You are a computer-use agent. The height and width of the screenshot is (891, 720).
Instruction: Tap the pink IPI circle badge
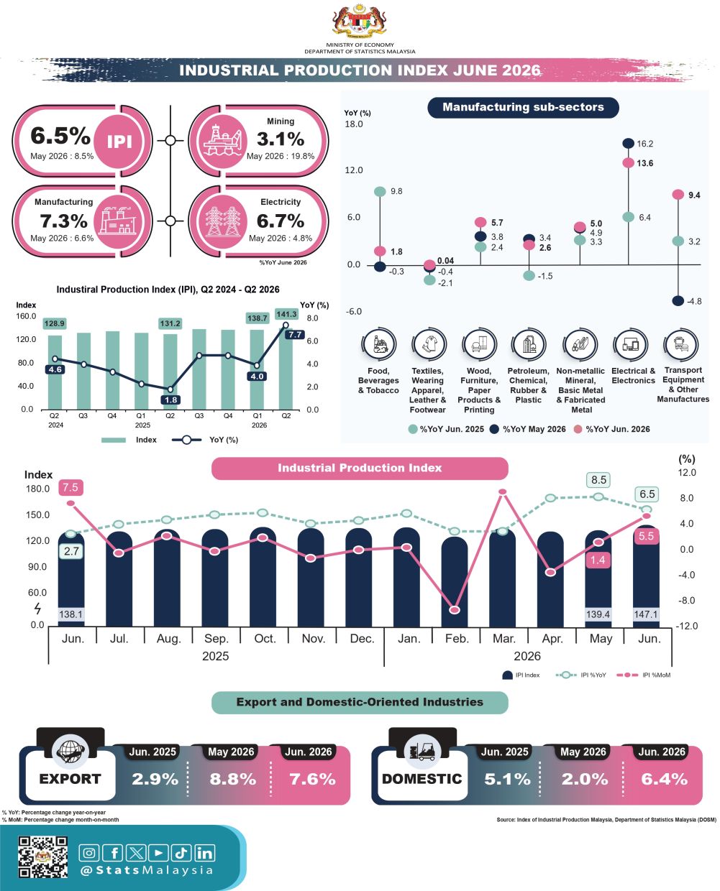pyautogui.click(x=119, y=142)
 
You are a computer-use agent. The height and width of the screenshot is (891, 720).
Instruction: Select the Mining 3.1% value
pyautogui.click(x=280, y=139)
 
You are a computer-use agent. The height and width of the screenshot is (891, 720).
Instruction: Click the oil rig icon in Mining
pyautogui.click(x=222, y=141)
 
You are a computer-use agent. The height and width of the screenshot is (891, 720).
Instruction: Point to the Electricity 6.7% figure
pyautogui.click(x=280, y=221)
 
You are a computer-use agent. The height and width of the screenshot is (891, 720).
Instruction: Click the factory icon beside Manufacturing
pyautogui.click(x=119, y=221)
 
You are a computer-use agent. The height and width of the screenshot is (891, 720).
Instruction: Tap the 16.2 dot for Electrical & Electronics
pyautogui.click(x=628, y=144)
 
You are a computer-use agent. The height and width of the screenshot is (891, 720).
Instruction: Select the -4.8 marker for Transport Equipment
pyautogui.click(x=678, y=301)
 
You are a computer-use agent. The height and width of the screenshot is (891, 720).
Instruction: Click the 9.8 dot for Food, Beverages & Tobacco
pyautogui.click(x=380, y=192)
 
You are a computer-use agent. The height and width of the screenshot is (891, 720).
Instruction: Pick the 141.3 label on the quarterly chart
pyautogui.click(x=286, y=314)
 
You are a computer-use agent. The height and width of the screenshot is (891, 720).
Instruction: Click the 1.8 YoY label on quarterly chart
pyautogui.click(x=170, y=400)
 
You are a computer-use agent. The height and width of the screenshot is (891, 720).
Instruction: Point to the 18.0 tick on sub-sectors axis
pyautogui.click(x=354, y=124)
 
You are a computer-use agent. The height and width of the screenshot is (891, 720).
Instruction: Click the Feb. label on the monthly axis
pyautogui.click(x=457, y=639)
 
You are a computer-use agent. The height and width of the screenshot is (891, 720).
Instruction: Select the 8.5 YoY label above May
pyautogui.click(x=598, y=480)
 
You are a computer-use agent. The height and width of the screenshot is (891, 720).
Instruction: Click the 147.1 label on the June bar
pyautogui.click(x=645, y=614)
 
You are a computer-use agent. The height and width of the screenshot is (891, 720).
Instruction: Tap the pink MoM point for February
pyautogui.click(x=454, y=610)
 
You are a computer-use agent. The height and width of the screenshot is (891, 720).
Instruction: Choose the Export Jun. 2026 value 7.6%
pyautogui.click(x=312, y=780)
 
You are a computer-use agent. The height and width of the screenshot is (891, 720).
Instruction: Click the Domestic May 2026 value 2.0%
pyautogui.click(x=584, y=780)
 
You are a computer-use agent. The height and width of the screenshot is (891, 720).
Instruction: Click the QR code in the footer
pyautogui.click(x=43, y=857)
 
